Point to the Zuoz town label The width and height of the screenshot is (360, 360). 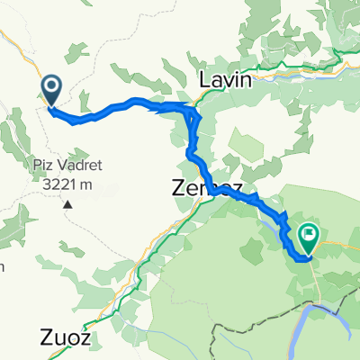66,338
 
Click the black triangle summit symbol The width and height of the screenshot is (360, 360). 67,204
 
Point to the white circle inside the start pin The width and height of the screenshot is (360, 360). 50,86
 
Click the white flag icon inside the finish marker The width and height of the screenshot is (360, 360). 310,236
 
